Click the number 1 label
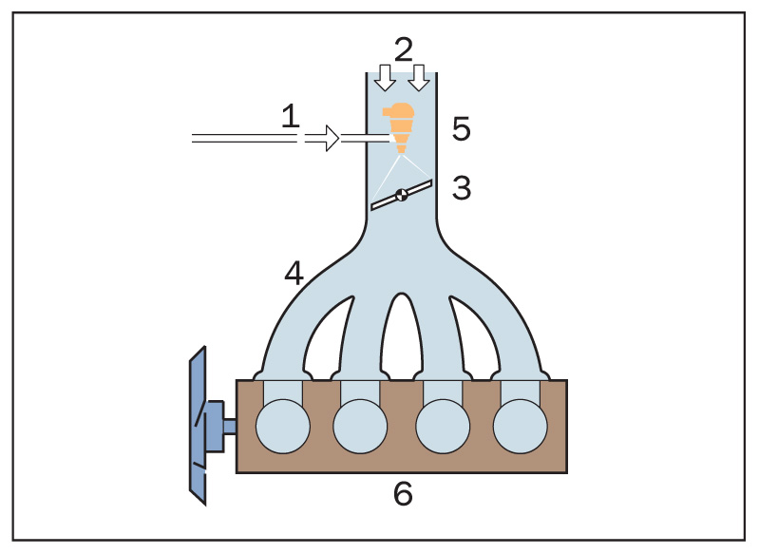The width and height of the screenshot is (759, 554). tap(291, 118)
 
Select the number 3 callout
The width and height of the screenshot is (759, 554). tap(462, 188)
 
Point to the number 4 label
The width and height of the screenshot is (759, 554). tap(294, 273)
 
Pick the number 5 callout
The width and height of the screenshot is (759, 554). tap(462, 129)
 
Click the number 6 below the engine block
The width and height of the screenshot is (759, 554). tap(403, 494)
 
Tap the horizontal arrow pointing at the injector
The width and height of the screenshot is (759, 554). tap(323, 139)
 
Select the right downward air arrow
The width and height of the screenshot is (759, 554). tap(418, 77)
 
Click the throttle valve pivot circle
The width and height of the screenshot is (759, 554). tap(402, 195)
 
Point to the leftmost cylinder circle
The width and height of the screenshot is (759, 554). tap(282, 424)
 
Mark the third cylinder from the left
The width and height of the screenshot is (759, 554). tap(442, 424)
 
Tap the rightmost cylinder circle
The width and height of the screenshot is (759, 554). tap(521, 424)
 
